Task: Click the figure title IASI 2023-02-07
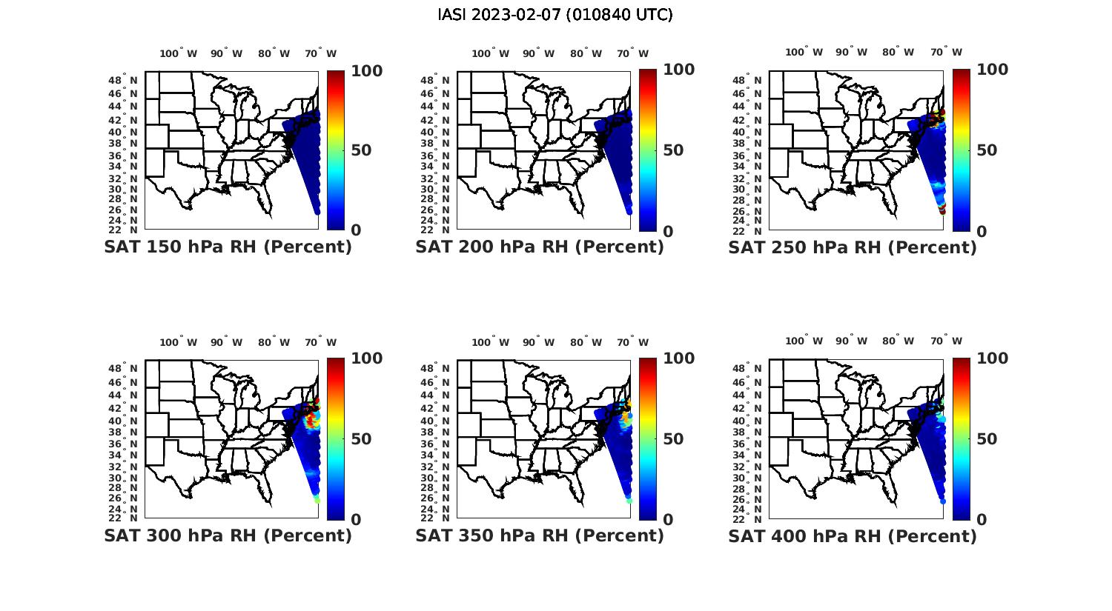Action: (x=555, y=15)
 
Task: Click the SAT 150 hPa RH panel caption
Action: (x=228, y=247)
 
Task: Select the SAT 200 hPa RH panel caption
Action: (x=540, y=247)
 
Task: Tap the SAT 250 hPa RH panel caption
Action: (x=853, y=247)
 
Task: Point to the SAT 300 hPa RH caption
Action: (x=228, y=535)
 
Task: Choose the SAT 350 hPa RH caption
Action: (x=540, y=535)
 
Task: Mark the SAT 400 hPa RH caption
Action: (x=853, y=535)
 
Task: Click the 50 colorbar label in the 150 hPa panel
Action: (x=362, y=150)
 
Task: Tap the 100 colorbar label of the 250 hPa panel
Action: (x=993, y=70)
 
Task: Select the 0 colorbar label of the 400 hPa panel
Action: (x=982, y=519)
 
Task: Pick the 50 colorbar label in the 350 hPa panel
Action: (x=674, y=439)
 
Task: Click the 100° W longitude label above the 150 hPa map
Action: (x=179, y=53)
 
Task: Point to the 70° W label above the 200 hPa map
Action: (x=634, y=53)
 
